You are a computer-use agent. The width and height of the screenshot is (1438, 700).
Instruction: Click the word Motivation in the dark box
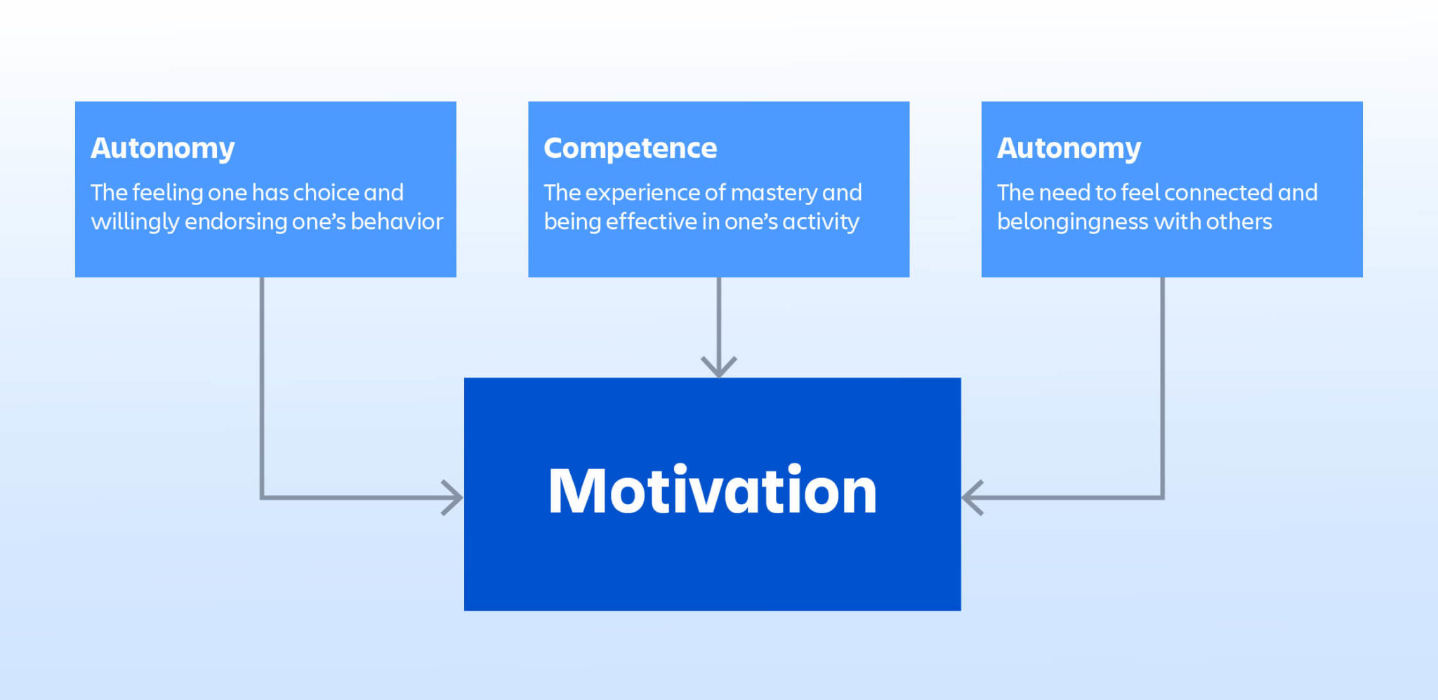tap(712, 491)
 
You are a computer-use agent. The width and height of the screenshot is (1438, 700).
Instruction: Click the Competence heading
tap(630, 148)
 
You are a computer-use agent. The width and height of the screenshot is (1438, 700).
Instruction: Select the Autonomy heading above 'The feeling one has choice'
tap(162, 148)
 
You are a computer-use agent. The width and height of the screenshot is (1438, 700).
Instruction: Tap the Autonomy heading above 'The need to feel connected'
tap(1069, 148)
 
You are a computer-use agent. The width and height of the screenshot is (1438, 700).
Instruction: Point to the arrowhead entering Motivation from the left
tap(453, 498)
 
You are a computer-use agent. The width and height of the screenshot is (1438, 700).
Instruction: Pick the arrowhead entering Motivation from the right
tap(972, 498)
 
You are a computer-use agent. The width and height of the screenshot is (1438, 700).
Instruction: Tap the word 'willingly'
tap(135, 223)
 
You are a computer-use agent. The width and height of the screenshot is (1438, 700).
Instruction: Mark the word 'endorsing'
tap(235, 223)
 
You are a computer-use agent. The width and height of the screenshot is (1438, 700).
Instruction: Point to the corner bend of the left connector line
tap(262, 498)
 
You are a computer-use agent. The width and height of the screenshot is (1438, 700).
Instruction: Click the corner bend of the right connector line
tap(1163, 498)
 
